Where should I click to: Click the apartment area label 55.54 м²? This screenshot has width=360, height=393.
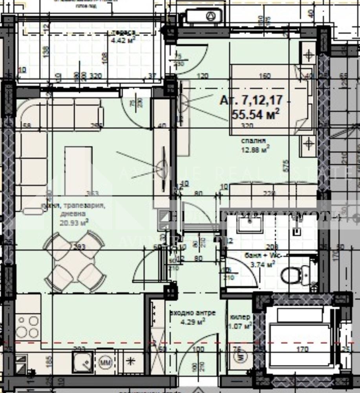point(256,114)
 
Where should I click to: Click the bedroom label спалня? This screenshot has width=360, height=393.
point(254,140)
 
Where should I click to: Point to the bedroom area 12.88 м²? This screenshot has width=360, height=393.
point(255,149)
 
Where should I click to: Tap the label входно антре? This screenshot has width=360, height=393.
point(192,313)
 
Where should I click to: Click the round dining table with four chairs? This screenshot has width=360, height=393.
point(75,261)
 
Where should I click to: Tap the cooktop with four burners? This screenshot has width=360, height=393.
point(28,326)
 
